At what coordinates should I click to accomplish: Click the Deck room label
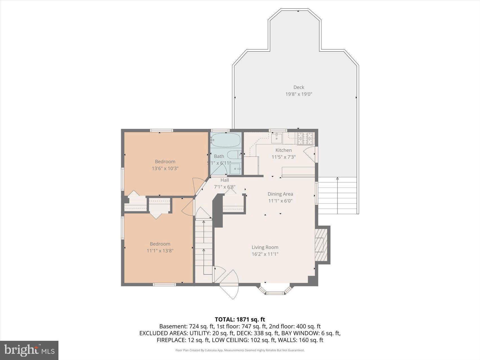pyautogui.click(x=298, y=87)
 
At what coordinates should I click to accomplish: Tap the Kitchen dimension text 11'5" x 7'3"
pyautogui.click(x=283, y=157)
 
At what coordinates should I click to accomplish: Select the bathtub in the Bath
pyautogui.click(x=226, y=140)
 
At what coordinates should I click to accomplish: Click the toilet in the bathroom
pyautogui.click(x=234, y=154)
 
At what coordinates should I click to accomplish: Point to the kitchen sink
pyautogui.click(x=276, y=138)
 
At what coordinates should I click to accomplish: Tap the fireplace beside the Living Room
pyautogui.click(x=321, y=245)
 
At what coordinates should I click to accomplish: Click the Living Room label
pyautogui.click(x=265, y=247)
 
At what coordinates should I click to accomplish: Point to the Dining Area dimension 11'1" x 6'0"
pyautogui.click(x=280, y=201)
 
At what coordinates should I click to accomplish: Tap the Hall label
pyautogui.click(x=225, y=180)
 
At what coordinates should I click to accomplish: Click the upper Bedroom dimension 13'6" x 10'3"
pyautogui.click(x=165, y=169)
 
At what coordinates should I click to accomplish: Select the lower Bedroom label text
pyautogui.click(x=160, y=244)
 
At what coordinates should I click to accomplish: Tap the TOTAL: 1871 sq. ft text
pyautogui.click(x=240, y=319)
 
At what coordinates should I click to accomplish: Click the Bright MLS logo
pyautogui.click(x=29, y=350)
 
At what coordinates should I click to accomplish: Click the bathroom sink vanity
pyautogui.click(x=235, y=169)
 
